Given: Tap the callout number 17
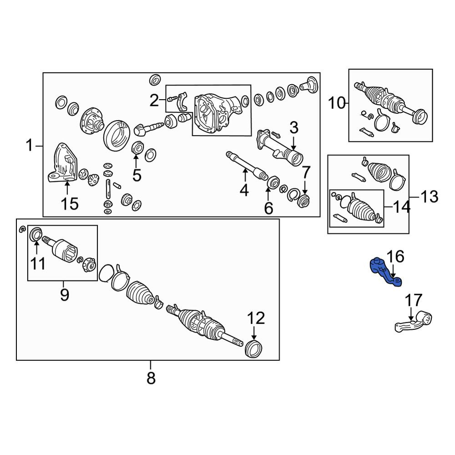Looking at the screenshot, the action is pyautogui.click(x=414, y=300).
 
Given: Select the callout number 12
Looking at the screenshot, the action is pyautogui.click(x=256, y=318).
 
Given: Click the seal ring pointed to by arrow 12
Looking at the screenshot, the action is pyautogui.click(x=254, y=349).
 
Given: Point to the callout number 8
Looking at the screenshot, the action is pyautogui.click(x=151, y=378).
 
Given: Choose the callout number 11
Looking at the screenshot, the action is pyautogui.click(x=38, y=264).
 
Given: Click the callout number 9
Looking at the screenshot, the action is pyautogui.click(x=65, y=294).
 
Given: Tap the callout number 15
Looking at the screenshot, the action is pyautogui.click(x=70, y=204).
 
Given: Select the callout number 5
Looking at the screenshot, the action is pyautogui.click(x=136, y=175).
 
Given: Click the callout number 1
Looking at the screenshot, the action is pyautogui.click(x=29, y=146).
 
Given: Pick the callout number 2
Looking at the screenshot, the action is pyautogui.click(x=154, y=101).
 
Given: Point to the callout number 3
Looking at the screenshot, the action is pyautogui.click(x=293, y=128).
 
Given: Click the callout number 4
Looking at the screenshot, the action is pyautogui.click(x=244, y=190).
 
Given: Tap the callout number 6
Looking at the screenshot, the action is pyautogui.click(x=269, y=208).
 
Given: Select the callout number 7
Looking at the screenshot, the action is pyautogui.click(x=306, y=172).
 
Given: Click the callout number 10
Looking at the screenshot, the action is pyautogui.click(x=337, y=103).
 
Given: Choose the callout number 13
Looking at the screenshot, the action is pyautogui.click(x=429, y=197).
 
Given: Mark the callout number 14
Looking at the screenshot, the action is pyautogui.click(x=402, y=207).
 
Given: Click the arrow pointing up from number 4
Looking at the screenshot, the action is pyautogui.click(x=245, y=176).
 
